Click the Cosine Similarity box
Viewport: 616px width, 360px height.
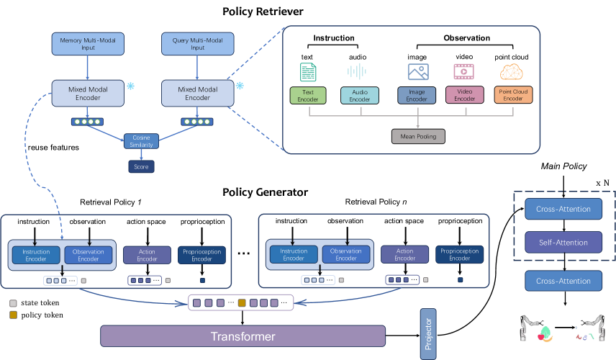[140, 141]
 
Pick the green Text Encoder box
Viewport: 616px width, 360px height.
[308, 96]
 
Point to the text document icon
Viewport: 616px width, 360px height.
[308, 71]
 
